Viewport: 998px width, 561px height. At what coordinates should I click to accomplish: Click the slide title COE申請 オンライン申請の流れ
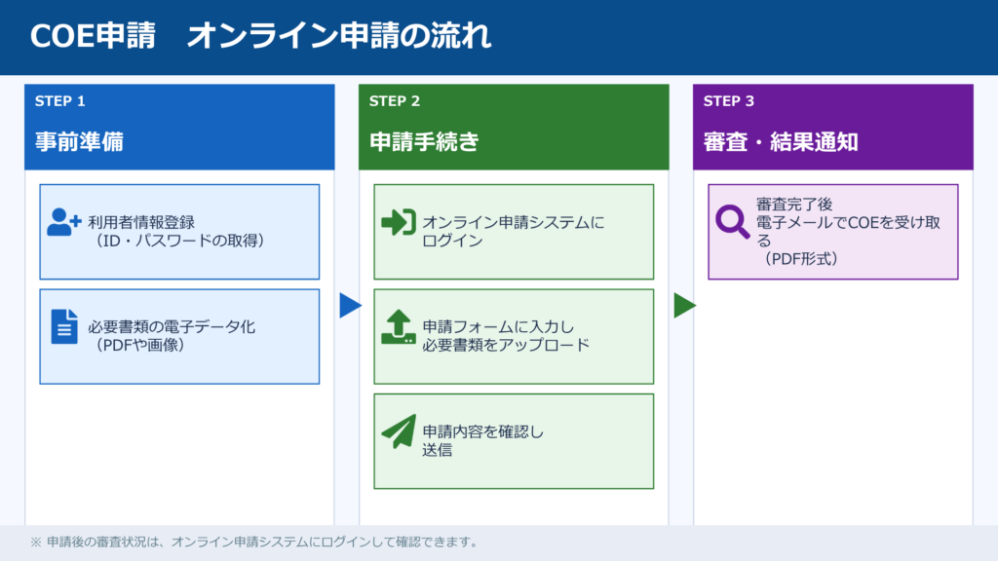260,36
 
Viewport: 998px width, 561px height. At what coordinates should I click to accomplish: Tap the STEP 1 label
60,101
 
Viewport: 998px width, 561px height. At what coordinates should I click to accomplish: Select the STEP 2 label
395,101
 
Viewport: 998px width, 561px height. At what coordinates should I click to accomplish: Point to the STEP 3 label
729,101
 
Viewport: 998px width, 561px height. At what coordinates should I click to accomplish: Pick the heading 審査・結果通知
781,142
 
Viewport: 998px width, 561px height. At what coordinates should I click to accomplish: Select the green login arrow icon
399,223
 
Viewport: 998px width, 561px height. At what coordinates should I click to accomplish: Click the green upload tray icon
399,326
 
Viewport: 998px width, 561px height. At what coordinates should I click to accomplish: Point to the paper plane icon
399,431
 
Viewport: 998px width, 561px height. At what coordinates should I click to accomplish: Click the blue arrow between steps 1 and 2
350,306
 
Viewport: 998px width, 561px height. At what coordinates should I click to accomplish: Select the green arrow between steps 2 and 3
684,306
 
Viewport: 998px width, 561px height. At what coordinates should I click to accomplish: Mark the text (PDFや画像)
140,345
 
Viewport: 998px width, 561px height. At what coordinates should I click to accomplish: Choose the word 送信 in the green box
437,450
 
